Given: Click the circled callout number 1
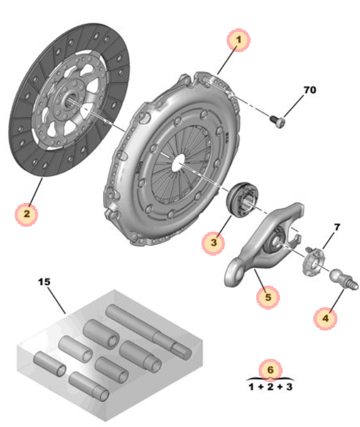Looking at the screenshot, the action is [238, 40].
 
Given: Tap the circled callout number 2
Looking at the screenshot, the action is [26, 214].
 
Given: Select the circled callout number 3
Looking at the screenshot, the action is [213, 243].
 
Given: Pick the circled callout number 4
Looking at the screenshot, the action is [325, 318].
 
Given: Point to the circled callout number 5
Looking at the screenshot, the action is [268, 297].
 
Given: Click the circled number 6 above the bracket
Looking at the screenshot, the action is [270, 370].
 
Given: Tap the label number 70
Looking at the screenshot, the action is [310, 90].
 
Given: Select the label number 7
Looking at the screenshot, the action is [337, 227].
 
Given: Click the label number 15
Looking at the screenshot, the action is [44, 282].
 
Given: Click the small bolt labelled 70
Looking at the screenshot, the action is [278, 121].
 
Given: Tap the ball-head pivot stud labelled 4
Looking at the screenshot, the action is [344, 279].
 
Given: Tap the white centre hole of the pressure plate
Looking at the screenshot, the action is [179, 163].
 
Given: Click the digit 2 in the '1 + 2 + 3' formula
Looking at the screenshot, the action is [270, 386].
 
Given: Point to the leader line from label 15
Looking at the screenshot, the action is [57, 300].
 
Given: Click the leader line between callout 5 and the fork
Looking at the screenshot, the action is [259, 278].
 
